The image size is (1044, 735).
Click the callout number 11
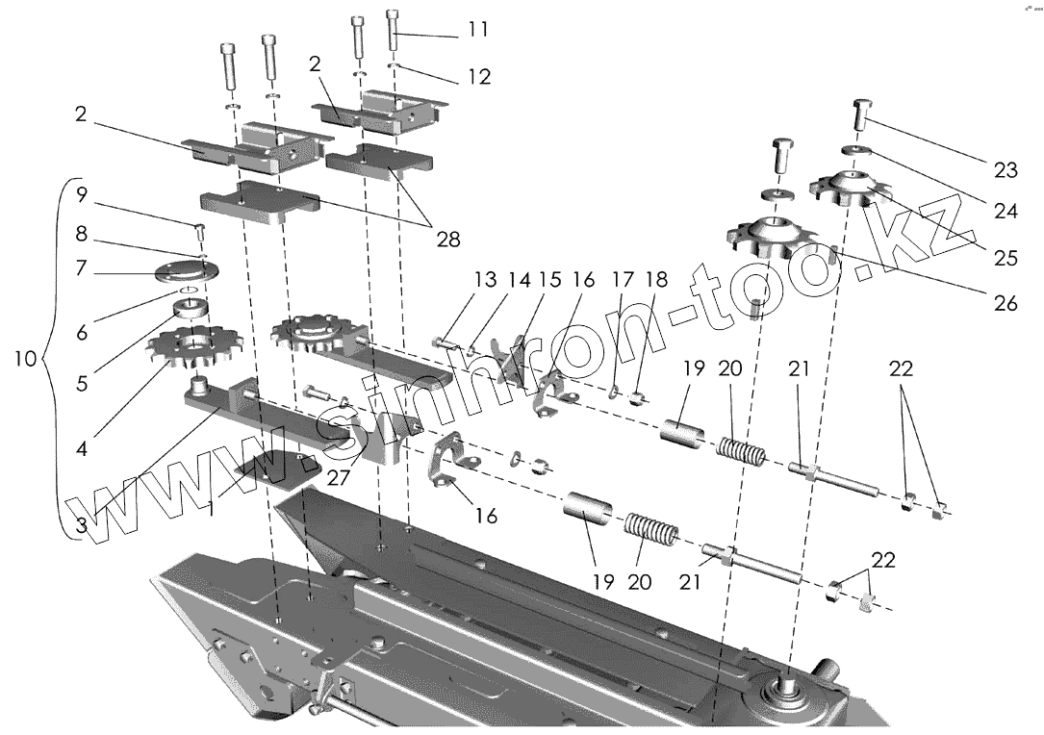click(x=478, y=31)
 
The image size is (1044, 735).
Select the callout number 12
click(x=478, y=76)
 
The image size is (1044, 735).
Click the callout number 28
click(x=447, y=238)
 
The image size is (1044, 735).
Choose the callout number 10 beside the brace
click(x=26, y=360)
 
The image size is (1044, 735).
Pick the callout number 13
click(x=484, y=280)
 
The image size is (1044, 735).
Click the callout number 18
click(x=656, y=280)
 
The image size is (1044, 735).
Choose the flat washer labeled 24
click(x=856, y=150)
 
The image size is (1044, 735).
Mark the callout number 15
click(x=550, y=280)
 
